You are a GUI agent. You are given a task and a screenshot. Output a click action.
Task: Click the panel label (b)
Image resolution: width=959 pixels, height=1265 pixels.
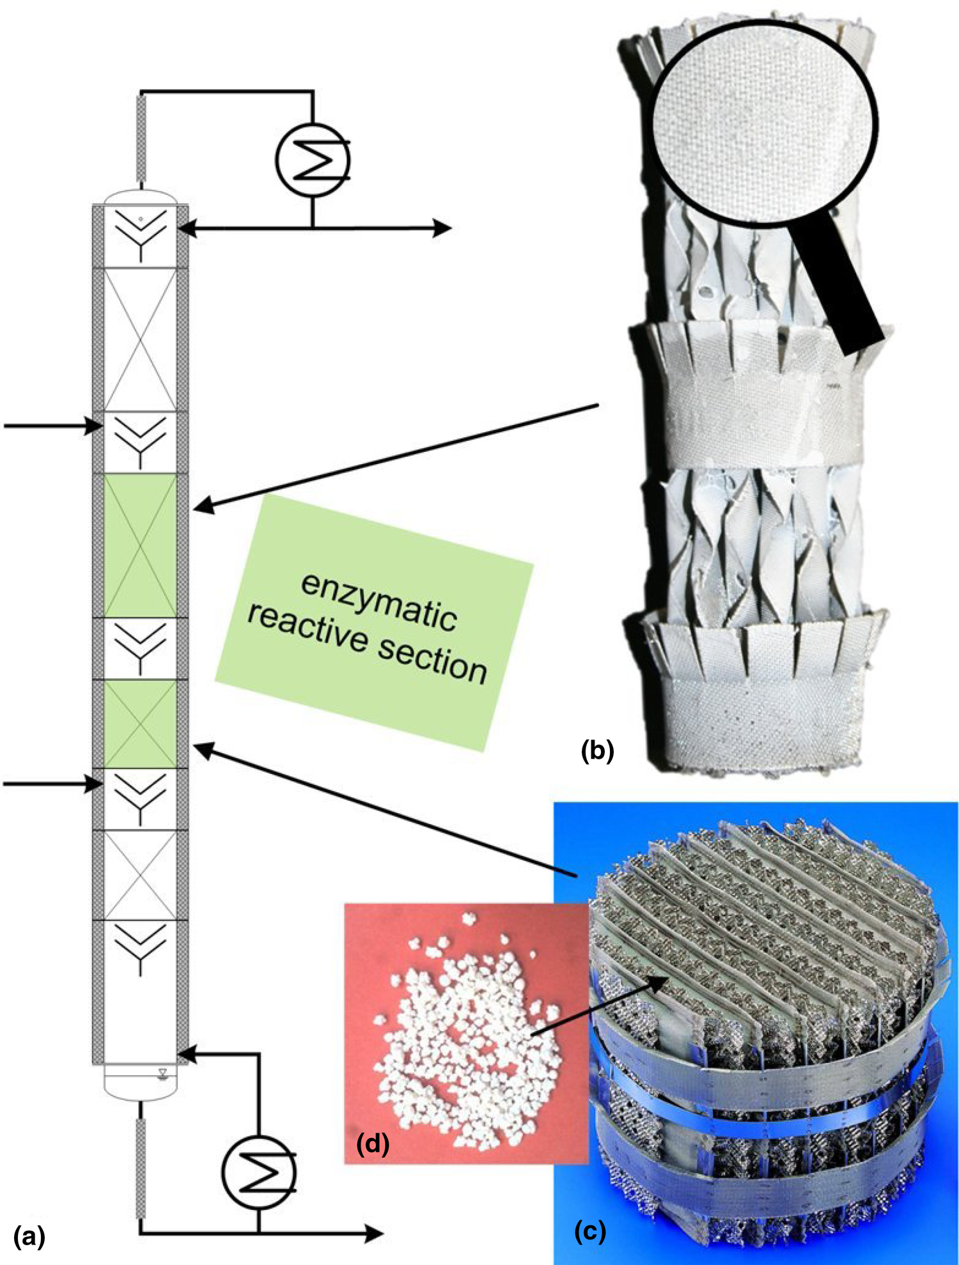click(x=597, y=750)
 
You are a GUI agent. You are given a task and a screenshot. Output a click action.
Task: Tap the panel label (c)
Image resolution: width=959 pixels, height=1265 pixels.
click(x=589, y=1231)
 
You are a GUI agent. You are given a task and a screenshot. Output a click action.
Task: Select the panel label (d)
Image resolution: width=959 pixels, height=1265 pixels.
click(x=373, y=1145)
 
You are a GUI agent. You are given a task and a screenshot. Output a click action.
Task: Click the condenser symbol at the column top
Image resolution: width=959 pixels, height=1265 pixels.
click(x=313, y=160)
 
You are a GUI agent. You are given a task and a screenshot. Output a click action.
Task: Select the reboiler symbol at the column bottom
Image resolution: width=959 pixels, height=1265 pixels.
click(x=259, y=1172)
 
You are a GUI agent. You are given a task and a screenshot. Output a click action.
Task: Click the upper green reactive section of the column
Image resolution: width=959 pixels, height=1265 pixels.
click(x=140, y=545)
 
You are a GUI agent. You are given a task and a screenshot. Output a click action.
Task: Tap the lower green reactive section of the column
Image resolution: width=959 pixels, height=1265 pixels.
click(x=140, y=724)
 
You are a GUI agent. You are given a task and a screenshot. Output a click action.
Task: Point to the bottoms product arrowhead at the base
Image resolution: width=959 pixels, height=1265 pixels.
click(x=373, y=1234)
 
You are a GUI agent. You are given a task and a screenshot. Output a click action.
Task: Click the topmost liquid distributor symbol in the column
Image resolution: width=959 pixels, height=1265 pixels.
click(x=141, y=233)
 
